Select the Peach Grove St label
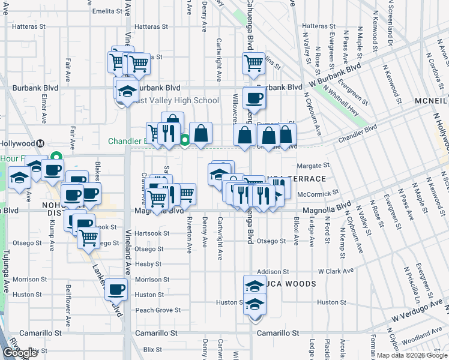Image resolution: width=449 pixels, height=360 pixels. point(158,310)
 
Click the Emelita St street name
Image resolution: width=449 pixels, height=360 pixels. point(107,11)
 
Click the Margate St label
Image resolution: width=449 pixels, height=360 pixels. point(313,165)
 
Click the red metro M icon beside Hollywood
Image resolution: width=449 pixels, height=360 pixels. point(40,143)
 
